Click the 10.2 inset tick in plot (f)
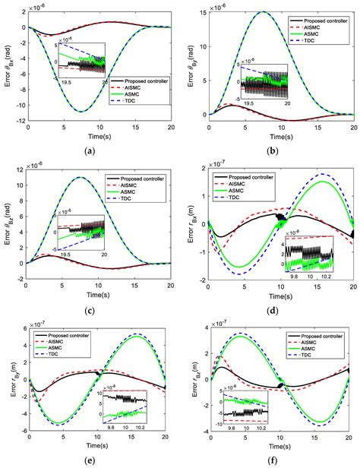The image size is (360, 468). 315,415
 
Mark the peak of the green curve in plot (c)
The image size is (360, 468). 81,177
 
